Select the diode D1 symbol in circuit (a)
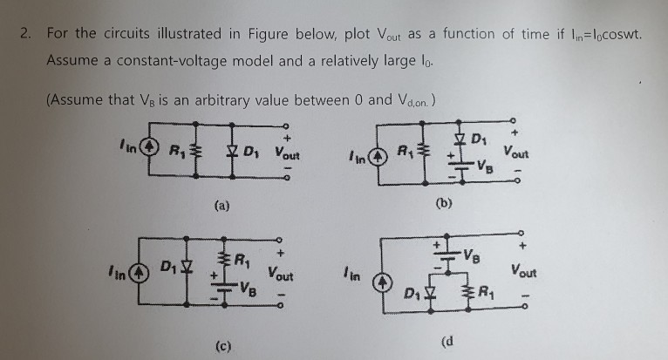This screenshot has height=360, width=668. [227, 153]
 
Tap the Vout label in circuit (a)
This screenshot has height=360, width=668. [285, 155]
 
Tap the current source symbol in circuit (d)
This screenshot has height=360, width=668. [385, 281]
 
